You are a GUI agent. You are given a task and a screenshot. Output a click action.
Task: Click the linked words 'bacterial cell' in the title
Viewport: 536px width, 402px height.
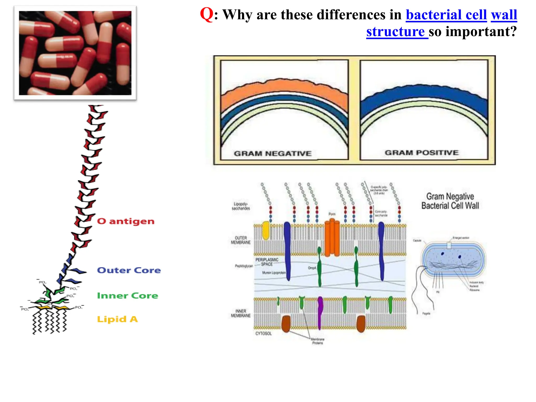(x=446, y=15)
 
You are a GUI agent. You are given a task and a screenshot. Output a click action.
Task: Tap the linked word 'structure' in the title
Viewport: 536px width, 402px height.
(x=395, y=32)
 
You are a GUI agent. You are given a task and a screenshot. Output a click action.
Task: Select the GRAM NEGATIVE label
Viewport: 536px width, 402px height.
(x=272, y=153)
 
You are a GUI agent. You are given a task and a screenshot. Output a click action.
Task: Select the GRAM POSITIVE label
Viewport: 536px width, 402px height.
(x=421, y=153)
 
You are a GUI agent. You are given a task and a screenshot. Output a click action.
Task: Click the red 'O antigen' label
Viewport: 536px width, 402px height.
(x=126, y=221)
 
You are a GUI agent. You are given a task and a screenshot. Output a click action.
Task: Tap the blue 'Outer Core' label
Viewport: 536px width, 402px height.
(x=129, y=270)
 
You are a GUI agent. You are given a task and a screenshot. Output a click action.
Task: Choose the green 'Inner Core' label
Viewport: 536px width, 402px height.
(x=127, y=296)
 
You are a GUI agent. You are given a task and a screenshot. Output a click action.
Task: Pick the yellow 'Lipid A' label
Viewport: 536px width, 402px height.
(x=117, y=319)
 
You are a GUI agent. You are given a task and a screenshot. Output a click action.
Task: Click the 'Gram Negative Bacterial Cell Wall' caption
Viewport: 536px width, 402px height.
(x=450, y=201)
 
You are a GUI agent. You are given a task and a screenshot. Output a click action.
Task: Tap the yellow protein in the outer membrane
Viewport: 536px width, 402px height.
(x=266, y=230)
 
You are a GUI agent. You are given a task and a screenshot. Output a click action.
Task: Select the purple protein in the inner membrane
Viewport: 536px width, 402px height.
(x=320, y=313)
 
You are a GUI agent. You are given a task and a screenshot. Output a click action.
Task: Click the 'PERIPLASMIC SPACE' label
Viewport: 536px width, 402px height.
(x=267, y=262)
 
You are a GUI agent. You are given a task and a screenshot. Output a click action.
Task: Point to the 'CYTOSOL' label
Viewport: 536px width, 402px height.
(x=263, y=334)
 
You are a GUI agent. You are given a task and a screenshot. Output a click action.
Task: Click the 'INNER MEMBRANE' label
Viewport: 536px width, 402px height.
(x=241, y=314)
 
